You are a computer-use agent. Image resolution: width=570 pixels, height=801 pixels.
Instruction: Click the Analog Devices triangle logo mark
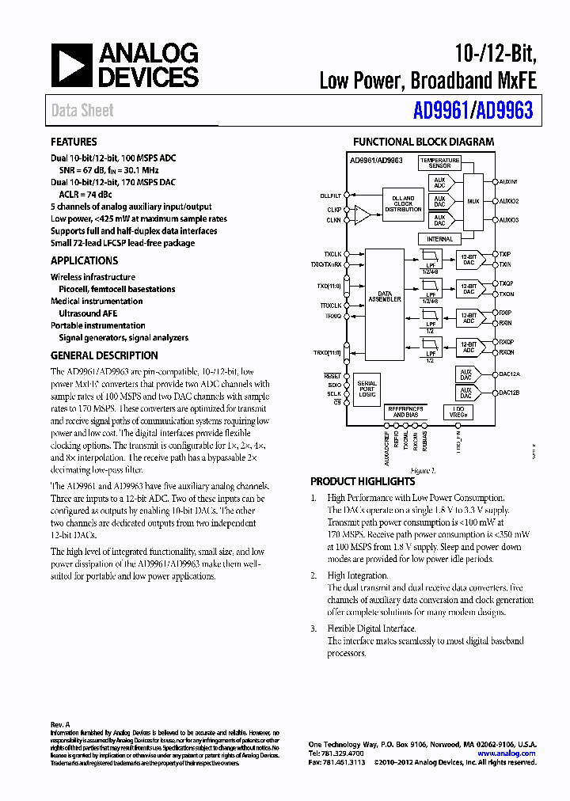72,65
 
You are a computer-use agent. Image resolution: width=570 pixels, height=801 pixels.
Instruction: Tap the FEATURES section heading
74,142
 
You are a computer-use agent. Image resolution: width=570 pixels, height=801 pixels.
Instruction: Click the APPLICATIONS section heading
84,260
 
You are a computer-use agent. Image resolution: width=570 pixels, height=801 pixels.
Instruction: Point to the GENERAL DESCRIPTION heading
104,355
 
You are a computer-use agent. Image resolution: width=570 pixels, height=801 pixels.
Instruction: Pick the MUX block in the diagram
473,201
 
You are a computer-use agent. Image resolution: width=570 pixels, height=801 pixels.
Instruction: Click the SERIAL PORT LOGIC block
367,388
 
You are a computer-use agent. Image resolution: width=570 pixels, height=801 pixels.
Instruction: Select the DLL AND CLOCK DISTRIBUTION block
403,203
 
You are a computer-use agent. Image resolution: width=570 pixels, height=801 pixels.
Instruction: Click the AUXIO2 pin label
508,201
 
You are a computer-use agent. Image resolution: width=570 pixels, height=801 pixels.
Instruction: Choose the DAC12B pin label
508,393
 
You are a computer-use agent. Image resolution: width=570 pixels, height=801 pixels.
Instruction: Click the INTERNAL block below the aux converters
440,238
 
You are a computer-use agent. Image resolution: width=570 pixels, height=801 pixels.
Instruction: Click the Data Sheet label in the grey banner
82,111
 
